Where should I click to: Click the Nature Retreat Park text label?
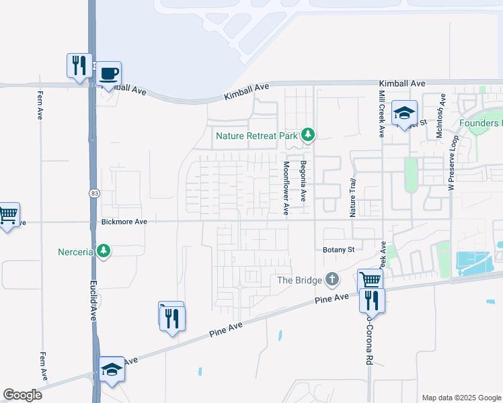coord(256,136)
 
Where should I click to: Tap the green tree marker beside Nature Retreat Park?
coord(308,136)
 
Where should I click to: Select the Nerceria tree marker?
coord(103,251)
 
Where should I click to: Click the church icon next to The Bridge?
coord(332,279)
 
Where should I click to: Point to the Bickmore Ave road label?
coord(124,221)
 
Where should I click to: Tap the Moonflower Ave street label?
coord(286,187)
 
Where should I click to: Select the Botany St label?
coord(339,249)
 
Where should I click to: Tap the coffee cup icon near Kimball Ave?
coord(110,73)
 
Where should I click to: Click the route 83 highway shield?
coord(92,193)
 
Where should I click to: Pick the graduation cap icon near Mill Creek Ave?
coord(405,113)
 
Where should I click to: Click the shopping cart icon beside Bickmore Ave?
coord(7,215)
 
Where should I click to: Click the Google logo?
coord(23,395)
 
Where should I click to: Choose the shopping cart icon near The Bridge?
coord(371,279)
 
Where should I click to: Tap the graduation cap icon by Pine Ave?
coord(112,369)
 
